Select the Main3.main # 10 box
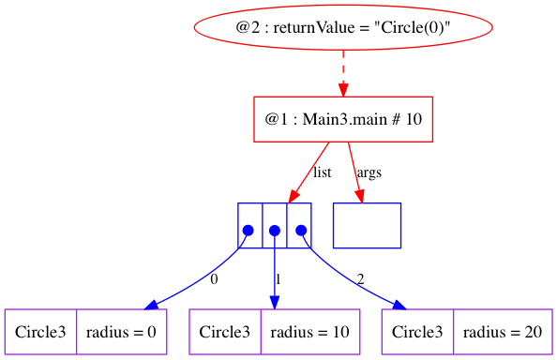[343, 120]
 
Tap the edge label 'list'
[323, 173]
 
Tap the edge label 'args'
[369, 173]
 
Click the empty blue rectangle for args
[367, 225]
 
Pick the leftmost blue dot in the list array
[248, 230]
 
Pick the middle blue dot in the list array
[275, 230]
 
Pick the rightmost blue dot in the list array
[300, 230]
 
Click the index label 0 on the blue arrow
[214, 279]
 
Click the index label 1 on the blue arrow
[279, 279]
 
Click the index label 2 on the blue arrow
[360, 279]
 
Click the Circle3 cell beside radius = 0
[40, 332]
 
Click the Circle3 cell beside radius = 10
[225, 332]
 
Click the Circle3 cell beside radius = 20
[418, 332]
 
